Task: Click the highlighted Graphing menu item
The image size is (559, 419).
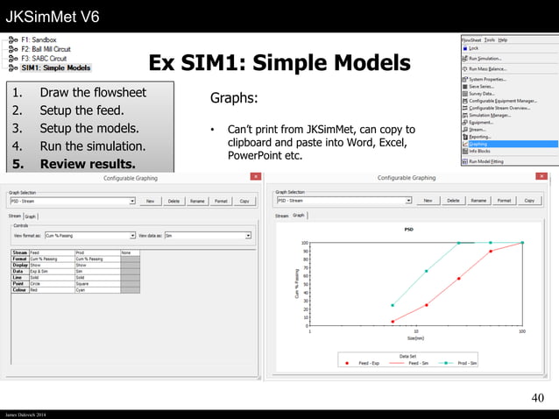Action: (482, 144)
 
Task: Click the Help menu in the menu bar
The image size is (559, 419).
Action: (503, 39)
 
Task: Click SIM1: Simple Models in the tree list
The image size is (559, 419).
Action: (56, 67)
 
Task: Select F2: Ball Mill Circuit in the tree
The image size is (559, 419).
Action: (50, 49)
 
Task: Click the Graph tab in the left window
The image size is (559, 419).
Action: (30, 216)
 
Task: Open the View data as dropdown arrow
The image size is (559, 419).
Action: (249, 235)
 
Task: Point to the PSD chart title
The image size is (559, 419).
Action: (408, 230)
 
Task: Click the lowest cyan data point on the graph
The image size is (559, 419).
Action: (392, 305)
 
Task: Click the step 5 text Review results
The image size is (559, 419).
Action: (88, 163)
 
